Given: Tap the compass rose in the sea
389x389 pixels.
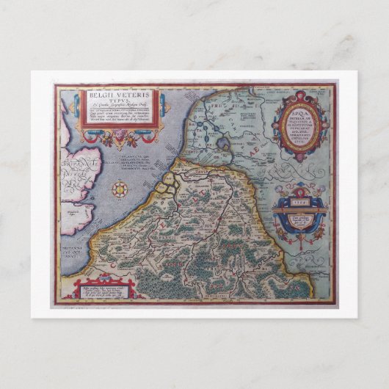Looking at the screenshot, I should click(120, 189).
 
